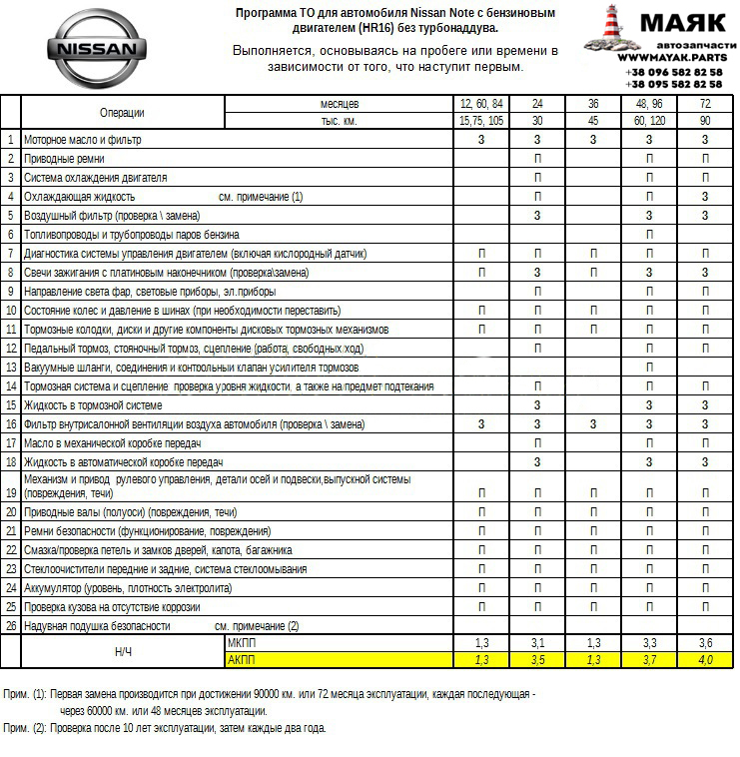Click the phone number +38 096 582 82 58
tap(674, 73)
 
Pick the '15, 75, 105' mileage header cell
tap(481, 121)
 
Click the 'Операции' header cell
tap(122, 113)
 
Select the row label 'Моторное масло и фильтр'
tap(82, 140)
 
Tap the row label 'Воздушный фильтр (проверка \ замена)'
tap(112, 216)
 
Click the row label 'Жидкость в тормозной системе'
tap(93, 405)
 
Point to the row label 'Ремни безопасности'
tap(147, 531)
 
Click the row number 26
tap(11, 626)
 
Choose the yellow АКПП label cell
tap(242, 660)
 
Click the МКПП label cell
tap(242, 643)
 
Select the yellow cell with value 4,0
tap(705, 660)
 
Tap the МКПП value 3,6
tap(705, 643)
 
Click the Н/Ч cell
tap(123, 651)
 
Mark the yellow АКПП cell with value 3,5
tap(537, 660)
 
